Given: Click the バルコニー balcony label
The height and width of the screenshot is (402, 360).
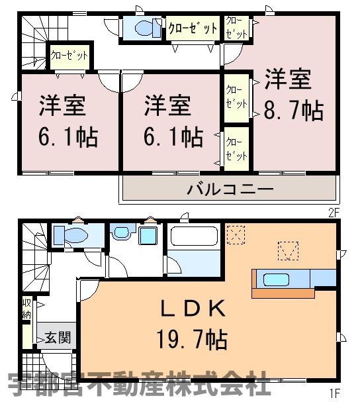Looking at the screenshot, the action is [230, 189].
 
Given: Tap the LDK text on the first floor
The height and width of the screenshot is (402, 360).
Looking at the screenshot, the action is [193, 309].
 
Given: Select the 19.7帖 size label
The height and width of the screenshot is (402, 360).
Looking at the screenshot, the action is [192, 340].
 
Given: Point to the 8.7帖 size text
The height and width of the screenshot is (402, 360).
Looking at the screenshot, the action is [294, 111].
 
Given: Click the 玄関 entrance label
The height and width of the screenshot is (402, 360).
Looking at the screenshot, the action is [58, 337].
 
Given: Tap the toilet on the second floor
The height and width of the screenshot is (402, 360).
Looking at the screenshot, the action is [146, 28].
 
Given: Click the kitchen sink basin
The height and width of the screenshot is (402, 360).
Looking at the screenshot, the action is [276, 279].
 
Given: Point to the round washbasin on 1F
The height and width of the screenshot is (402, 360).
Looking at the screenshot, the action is [121, 232].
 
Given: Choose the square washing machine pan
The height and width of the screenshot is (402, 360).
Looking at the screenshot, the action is [148, 235].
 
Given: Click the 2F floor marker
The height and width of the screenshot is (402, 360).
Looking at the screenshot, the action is [334, 213].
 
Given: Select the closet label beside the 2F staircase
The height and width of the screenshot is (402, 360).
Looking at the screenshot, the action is [69, 55].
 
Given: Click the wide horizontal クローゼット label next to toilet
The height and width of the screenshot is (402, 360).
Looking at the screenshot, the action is [193, 28].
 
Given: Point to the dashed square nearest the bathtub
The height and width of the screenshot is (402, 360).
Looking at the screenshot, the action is [236, 235].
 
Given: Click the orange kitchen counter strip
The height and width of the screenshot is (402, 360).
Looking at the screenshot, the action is [283, 293].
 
